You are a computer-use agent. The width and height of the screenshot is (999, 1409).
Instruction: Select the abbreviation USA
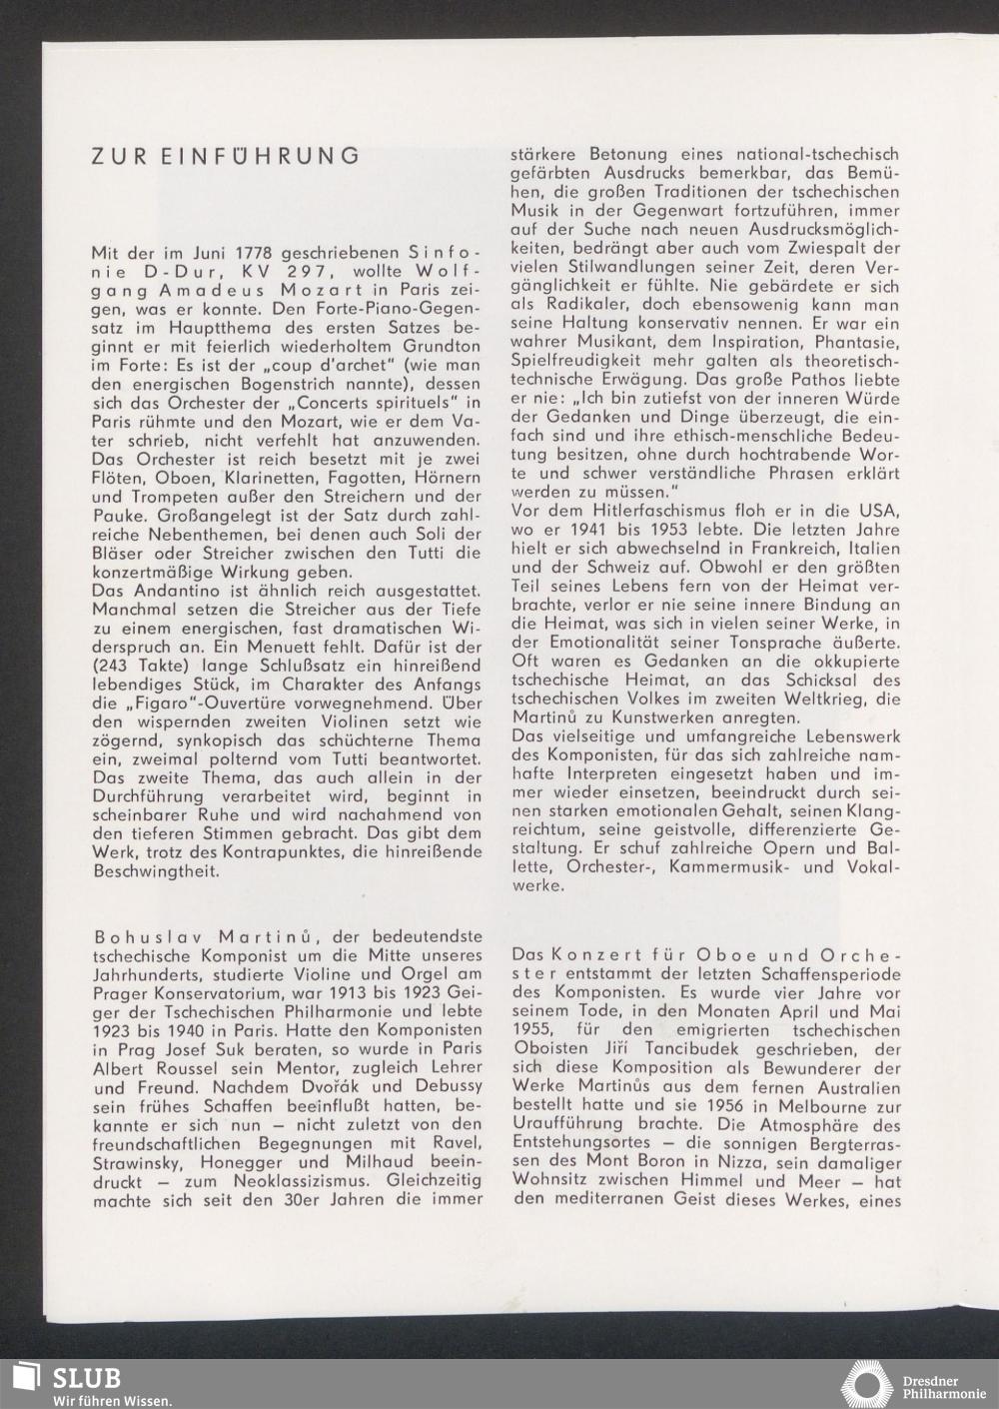[x=883, y=511]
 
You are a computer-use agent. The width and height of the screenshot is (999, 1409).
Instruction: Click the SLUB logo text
[x=87, y=1378]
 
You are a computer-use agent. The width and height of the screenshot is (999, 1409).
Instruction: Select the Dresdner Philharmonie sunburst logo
[x=866, y=1383]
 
